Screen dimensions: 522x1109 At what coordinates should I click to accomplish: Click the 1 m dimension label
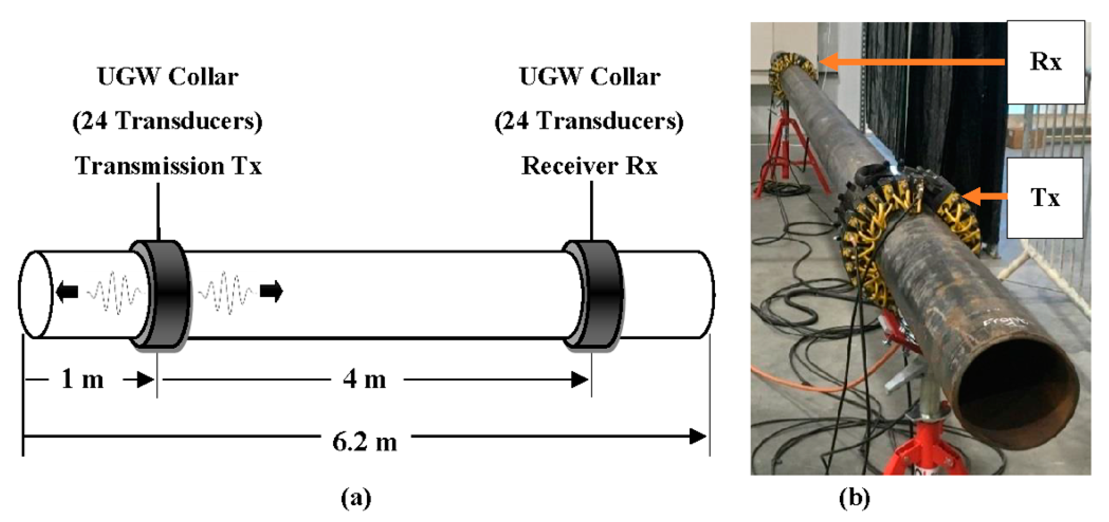pos(82,380)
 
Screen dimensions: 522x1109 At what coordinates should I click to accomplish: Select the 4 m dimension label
pos(364,380)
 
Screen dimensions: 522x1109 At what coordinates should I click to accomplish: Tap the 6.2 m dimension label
pos(364,442)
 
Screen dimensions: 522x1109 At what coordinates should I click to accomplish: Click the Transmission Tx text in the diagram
pos(168,166)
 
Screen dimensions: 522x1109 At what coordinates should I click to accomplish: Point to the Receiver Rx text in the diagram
pos(589,166)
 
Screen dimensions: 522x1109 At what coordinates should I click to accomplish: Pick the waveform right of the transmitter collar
pos(226,292)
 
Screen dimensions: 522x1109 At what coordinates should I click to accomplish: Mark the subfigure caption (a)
pos(356,498)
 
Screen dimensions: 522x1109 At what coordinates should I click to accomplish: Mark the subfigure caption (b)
pos(854,498)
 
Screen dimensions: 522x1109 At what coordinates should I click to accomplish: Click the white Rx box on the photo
pos(1045,62)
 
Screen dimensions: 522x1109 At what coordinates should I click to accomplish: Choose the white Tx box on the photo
pos(1045,198)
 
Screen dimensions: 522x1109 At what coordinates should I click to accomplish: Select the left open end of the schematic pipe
pos(35,295)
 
